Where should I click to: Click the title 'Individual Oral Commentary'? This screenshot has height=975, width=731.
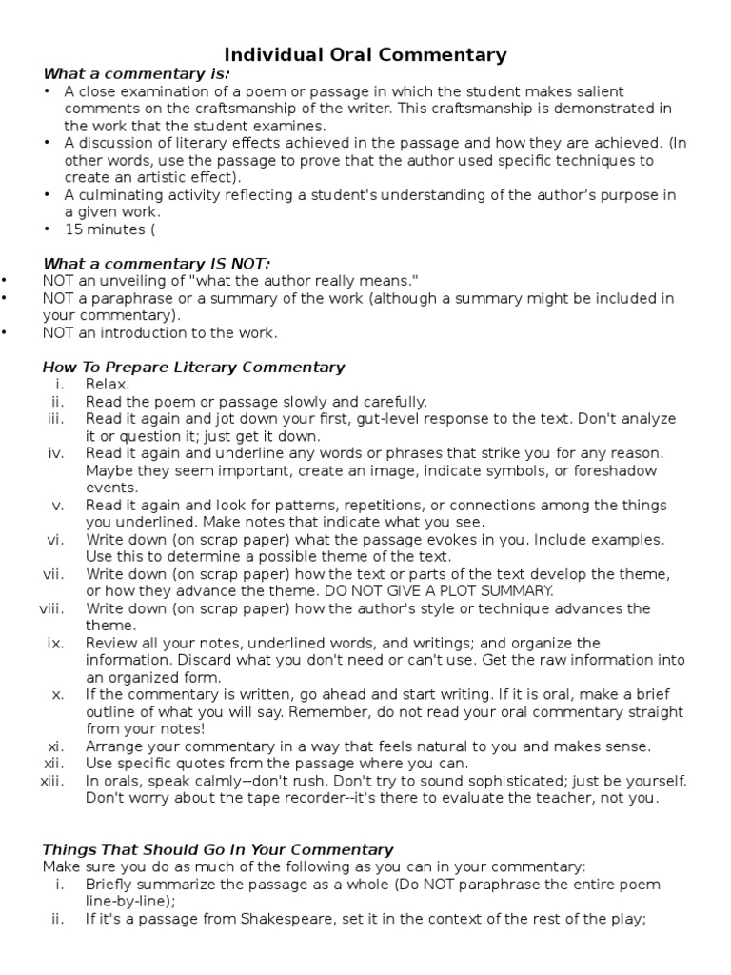365,55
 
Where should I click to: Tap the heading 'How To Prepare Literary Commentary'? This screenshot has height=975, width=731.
194,367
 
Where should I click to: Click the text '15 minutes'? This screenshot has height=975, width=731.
104,229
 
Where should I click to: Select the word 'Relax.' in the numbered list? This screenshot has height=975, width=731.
108,384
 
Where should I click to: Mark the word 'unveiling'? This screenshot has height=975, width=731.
131,281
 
